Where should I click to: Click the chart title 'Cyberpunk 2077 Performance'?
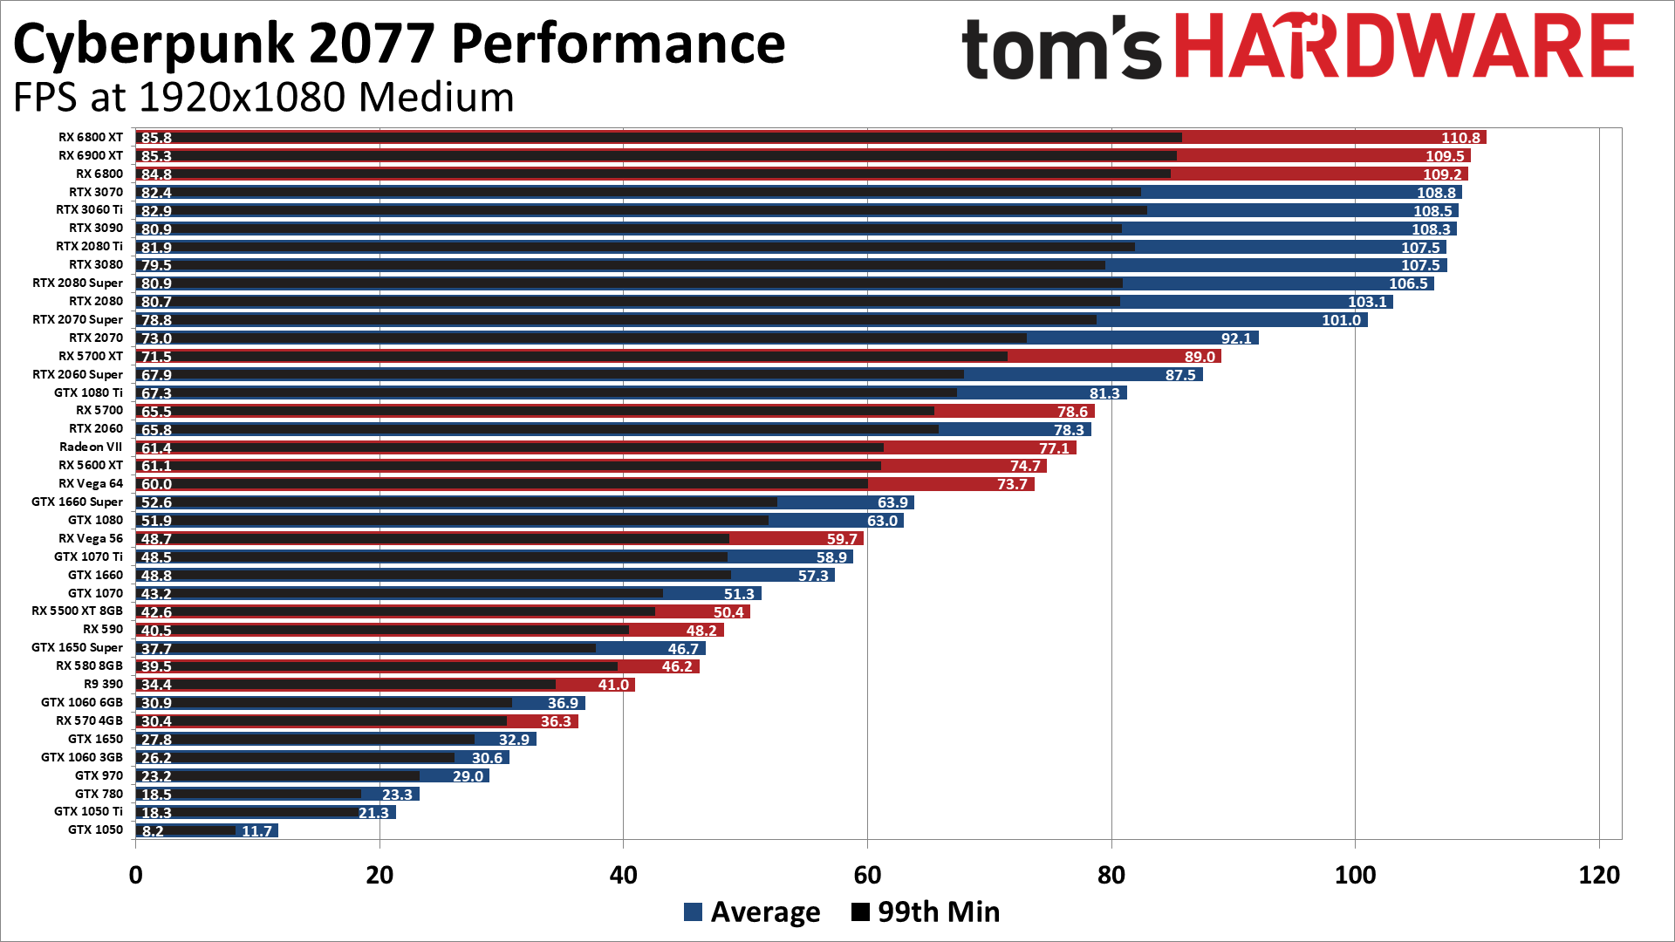(399, 44)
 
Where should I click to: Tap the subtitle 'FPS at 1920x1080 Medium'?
(263, 97)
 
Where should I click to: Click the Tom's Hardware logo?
(1297, 47)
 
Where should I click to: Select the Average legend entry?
(752, 911)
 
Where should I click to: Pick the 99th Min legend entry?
(926, 911)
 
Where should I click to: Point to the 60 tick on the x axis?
(867, 875)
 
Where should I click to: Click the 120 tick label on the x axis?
(1598, 875)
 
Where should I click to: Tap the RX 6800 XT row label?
(91, 137)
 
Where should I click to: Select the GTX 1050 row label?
(95, 829)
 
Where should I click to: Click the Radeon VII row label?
(91, 447)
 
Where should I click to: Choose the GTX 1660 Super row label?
(77, 502)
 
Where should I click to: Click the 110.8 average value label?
(1460, 138)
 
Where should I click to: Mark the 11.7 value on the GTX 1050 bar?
(256, 831)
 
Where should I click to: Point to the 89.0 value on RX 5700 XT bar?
(1200, 357)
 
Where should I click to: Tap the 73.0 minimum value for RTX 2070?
(156, 338)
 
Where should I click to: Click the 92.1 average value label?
(1236, 338)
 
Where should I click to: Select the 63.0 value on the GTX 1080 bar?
(882, 521)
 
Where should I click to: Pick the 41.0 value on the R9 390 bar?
(613, 685)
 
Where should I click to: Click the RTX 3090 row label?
(96, 228)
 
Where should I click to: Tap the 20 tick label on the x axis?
(379, 875)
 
